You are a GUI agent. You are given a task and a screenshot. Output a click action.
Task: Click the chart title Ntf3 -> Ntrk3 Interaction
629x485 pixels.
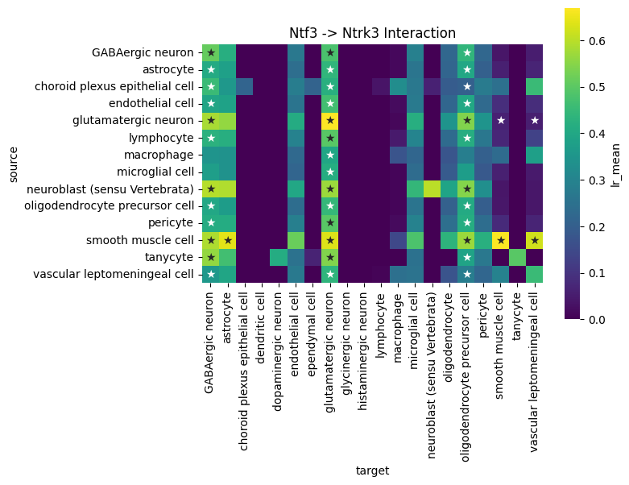tap(372, 33)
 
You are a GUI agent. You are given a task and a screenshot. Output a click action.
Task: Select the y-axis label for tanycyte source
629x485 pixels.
tap(169, 257)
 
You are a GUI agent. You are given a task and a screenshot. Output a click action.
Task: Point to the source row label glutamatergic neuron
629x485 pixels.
tap(133, 120)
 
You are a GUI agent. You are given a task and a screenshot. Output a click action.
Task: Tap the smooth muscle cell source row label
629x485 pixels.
tap(140, 240)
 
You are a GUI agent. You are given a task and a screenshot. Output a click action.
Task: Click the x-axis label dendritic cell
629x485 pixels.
tap(261, 328)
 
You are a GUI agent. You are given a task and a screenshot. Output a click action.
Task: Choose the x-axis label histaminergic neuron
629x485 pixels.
tap(362, 351)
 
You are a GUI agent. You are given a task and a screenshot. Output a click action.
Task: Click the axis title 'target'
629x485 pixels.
tap(372, 470)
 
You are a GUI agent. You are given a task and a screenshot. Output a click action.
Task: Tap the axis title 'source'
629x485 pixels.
tap(13, 164)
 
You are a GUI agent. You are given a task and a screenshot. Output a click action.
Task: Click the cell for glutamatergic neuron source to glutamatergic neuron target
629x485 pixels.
tap(330, 120)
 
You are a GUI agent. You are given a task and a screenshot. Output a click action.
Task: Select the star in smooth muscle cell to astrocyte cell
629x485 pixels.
tap(228, 240)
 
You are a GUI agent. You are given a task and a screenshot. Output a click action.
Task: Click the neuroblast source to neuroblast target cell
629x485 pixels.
tap(432, 189)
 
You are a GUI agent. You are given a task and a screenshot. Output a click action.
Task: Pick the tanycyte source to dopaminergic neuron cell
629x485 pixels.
tap(279, 257)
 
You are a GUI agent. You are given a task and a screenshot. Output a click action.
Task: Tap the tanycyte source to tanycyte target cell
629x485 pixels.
tap(517, 257)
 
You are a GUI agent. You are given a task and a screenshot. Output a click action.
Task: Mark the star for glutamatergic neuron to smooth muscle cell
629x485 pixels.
tap(500, 120)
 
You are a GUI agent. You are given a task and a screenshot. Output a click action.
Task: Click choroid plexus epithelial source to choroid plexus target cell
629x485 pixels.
tap(245, 86)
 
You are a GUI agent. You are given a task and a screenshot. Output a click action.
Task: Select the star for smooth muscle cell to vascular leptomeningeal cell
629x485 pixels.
tap(534, 240)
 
